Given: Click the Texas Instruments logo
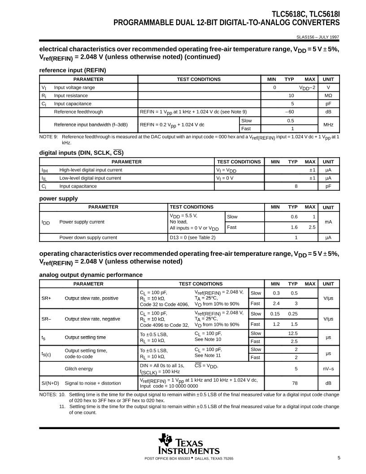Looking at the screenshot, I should pos(189,444).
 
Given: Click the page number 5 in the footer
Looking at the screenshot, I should pos(339,458).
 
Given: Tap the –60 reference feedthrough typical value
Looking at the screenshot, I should pos(290,112).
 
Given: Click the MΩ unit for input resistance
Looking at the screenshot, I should pos(328,96).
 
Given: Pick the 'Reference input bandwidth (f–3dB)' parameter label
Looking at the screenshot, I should pos(91,124).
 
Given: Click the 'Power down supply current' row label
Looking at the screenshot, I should pos(88,237).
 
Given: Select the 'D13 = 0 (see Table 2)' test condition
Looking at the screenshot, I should pos(192,237).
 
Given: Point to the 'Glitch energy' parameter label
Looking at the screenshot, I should pos(79,369).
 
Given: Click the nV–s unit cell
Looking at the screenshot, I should pos(328,369).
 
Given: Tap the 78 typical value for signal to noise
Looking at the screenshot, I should pos(295,383).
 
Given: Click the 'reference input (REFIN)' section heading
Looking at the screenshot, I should pos(72,70).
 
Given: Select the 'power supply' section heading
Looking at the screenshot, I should pos(58,198).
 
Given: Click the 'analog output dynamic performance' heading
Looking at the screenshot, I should pos(91,275).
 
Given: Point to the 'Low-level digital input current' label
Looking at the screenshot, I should pos(90,178).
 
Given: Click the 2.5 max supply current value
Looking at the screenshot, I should pos(312,227).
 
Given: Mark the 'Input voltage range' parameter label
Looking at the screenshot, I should pos(74,88).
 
